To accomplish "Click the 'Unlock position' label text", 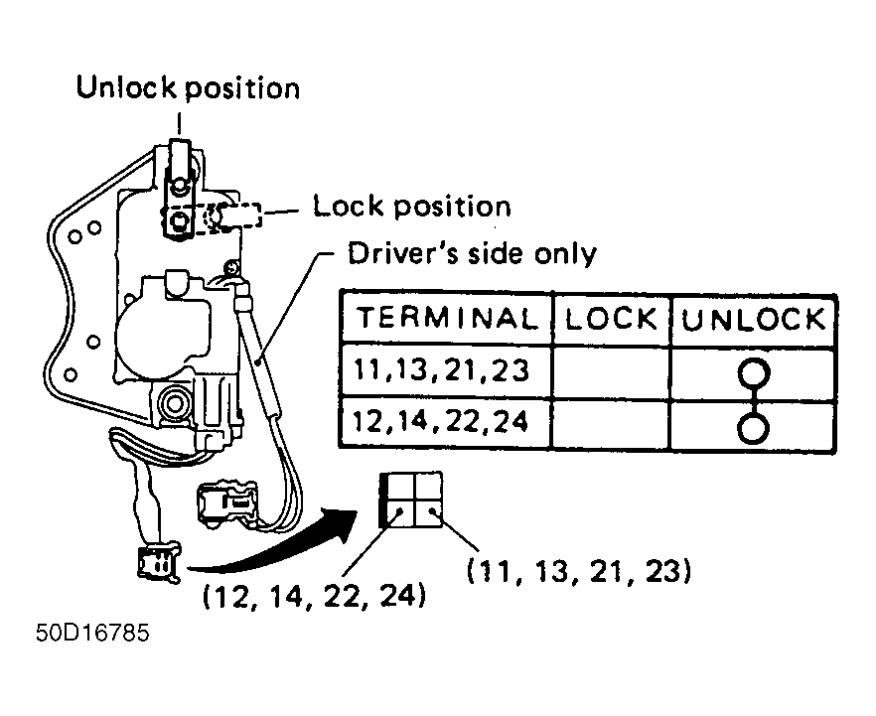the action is point(188,88).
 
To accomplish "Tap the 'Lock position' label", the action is point(412,207).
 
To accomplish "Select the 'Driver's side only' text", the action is point(472,253).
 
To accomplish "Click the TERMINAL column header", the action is point(446,318).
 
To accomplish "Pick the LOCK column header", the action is point(611,319).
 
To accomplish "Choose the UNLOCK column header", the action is point(753,320).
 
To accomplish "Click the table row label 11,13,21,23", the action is point(441,369).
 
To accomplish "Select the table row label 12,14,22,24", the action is point(441,422).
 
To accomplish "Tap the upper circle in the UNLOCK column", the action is point(754,373).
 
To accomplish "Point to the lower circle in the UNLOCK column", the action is point(754,428).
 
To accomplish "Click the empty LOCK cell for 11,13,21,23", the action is point(611,372).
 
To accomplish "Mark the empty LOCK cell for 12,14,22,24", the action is point(611,424).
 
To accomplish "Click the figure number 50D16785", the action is point(92,633).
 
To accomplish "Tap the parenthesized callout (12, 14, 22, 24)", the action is point(314,597).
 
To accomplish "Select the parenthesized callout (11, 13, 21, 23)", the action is point(579,571).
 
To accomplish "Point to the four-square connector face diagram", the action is point(411,500).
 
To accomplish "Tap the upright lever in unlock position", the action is point(179,187).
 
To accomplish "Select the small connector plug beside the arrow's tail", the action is point(159,563).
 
